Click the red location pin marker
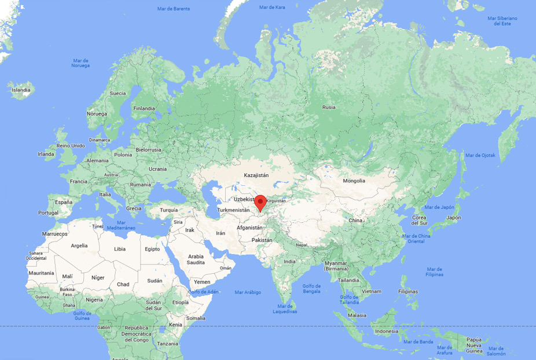260,203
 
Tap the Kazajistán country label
256,174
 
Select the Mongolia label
354,181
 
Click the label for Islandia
21,90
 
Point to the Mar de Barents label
174,9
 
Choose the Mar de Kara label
272,7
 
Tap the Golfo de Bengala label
311,288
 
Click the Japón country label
454,218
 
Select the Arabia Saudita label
196,259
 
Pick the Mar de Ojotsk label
481,155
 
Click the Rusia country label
329,107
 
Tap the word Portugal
49,212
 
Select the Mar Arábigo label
248,292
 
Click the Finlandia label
144,108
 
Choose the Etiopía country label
180,302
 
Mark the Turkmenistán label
233,210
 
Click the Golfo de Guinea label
82,315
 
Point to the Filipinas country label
407,291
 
